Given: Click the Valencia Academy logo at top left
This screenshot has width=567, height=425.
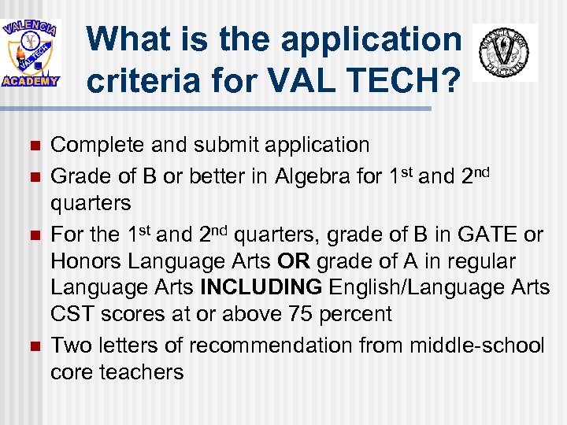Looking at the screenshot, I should (x=31, y=53).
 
